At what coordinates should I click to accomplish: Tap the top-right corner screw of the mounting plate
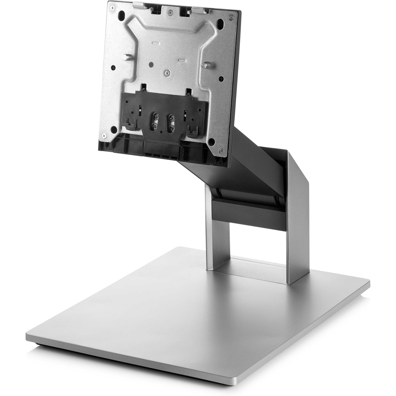[x=231, y=17]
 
